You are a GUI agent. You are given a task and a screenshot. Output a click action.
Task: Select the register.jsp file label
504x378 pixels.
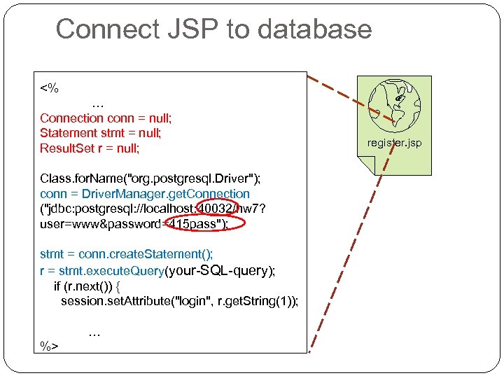pyautogui.click(x=395, y=143)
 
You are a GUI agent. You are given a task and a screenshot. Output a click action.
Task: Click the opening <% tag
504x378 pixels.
pyautogui.click(x=49, y=88)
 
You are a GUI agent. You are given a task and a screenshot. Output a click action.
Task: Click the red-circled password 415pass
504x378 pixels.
pyautogui.click(x=195, y=224)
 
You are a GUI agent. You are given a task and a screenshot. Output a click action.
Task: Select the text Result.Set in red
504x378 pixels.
pyautogui.click(x=66, y=148)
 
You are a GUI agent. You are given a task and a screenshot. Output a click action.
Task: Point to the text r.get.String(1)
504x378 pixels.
pyautogui.click(x=256, y=301)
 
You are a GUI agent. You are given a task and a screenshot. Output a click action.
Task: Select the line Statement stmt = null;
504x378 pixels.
pyautogui.click(x=100, y=133)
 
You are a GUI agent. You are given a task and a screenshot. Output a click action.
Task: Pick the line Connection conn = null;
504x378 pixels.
pyautogui.click(x=106, y=118)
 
